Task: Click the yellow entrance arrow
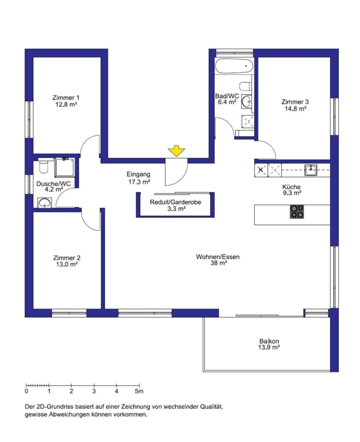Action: click(176, 151)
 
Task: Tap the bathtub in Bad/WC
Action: click(234, 66)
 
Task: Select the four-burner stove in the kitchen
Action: click(297, 212)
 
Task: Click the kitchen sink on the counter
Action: click(311, 170)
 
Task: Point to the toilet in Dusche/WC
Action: click(44, 166)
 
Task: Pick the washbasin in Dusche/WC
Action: click(45, 203)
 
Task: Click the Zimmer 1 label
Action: click(66, 98)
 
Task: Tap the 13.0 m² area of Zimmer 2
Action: click(67, 264)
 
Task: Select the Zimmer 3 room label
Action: click(295, 102)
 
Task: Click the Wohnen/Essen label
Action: click(218, 257)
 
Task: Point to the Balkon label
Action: click(269, 341)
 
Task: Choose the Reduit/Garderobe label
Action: click(175, 202)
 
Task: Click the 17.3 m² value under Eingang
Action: click(139, 182)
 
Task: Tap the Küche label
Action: click(292, 187)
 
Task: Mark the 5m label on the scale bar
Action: click(139, 391)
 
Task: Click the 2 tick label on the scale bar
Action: click(71, 391)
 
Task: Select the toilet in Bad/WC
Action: click(245, 85)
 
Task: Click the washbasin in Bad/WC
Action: click(247, 102)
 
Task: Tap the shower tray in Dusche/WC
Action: click(65, 167)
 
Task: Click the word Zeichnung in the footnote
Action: click(136, 407)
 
